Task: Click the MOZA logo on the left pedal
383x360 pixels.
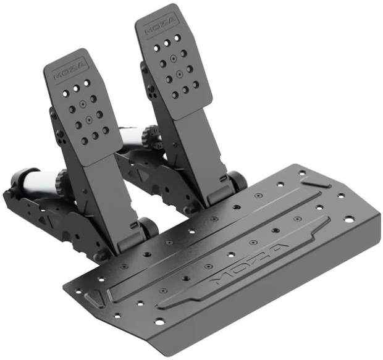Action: (x=70, y=70)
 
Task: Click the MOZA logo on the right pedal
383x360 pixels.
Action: (x=161, y=25)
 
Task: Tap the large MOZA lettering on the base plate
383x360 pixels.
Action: (x=249, y=263)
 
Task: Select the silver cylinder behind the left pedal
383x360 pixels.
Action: (x=40, y=181)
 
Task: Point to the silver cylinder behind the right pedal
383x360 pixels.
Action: (x=132, y=136)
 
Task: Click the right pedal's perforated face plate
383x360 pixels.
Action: (x=174, y=62)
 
